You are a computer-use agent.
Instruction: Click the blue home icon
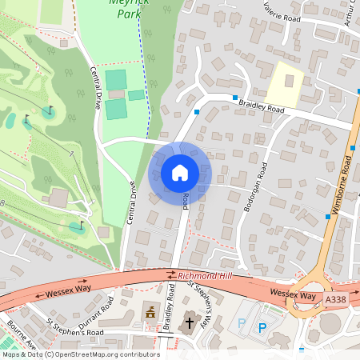(x=180, y=172)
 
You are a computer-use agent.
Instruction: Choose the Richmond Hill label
(x=204, y=275)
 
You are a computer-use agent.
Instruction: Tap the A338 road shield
(x=336, y=299)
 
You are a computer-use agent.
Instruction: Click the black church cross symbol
(x=190, y=323)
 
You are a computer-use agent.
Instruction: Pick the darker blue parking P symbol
(x=262, y=327)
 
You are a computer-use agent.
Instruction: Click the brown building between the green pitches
(x=116, y=94)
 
